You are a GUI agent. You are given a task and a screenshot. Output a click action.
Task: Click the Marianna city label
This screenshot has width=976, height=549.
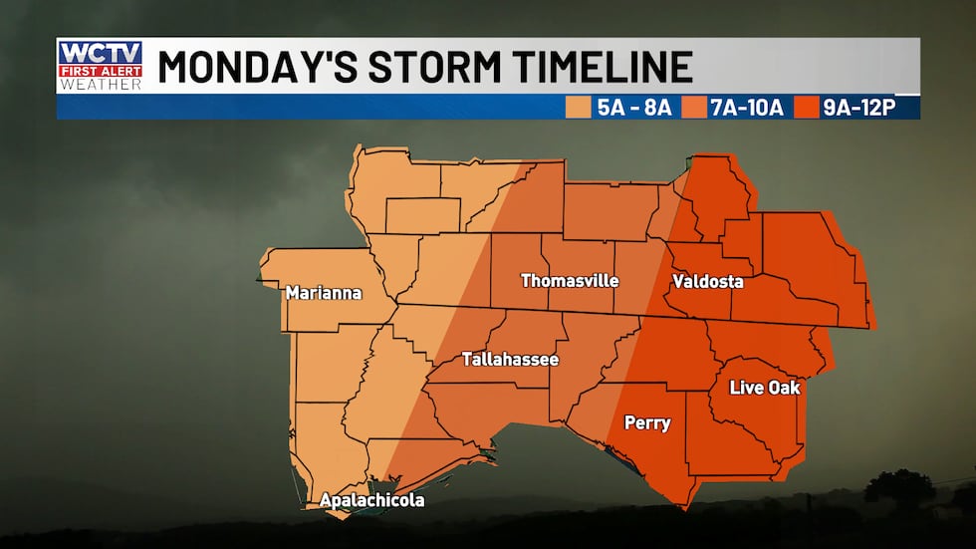tap(323, 293)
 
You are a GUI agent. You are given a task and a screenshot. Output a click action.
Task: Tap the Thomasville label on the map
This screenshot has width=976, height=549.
tap(564, 280)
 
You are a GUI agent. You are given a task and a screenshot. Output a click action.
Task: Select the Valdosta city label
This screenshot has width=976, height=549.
tap(707, 281)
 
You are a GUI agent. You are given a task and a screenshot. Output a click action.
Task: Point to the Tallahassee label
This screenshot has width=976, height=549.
tap(510, 359)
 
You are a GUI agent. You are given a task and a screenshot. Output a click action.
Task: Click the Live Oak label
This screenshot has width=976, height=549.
tap(765, 387)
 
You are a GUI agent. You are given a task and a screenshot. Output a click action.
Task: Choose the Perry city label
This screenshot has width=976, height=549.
tap(646, 422)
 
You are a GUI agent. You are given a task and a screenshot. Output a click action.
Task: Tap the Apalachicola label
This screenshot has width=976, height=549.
tap(371, 500)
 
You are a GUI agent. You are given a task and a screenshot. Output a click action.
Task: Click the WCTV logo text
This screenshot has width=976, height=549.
tap(100, 54)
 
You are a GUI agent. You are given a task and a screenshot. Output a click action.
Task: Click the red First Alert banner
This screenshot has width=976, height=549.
tap(100, 71)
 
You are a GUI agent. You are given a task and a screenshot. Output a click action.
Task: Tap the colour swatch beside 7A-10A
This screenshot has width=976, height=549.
tap(693, 108)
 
